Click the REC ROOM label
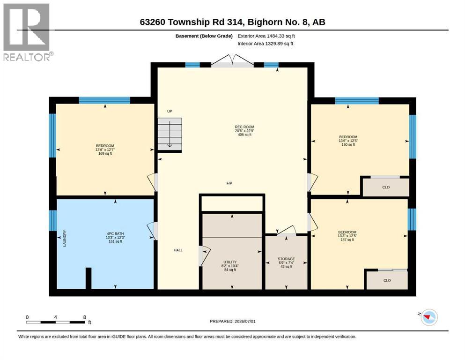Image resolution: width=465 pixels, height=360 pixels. pos(244,127)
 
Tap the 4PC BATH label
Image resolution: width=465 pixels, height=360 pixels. pos(115,233)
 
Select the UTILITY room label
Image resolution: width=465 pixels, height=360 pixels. pos(230,262)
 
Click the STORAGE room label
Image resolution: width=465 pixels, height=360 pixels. pos(286,259)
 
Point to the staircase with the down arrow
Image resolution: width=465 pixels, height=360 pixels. pos(170,134)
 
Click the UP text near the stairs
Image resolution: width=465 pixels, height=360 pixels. pos(170,111)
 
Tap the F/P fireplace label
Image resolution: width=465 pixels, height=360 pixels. pos(229,183)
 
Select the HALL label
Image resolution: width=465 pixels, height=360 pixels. pos(178,250)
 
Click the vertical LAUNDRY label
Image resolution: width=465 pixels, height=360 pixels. pos(65,238)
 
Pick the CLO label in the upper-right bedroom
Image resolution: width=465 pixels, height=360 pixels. pos(386,187)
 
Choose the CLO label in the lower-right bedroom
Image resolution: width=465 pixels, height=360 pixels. pos(387,280)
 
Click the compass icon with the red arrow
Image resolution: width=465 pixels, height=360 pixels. pos(429,317)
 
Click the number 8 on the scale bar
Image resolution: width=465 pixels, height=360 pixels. pos(84,317)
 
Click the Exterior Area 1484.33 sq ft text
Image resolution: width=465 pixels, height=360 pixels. pos(266,36)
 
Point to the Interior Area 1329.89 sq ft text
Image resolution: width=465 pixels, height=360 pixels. pos(266,44)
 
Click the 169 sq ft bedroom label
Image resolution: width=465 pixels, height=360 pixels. pos(105,153)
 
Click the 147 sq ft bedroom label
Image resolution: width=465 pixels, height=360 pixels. pos(347,240)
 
